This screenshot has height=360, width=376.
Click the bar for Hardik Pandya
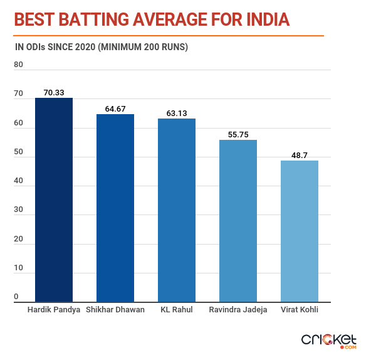pos(54,199)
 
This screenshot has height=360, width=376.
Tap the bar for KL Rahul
pos(176,210)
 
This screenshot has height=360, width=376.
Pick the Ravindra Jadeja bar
pos(238,221)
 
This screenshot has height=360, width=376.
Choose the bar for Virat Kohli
pos(299,231)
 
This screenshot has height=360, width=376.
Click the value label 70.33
pos(54,92)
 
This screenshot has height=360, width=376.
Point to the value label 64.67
pos(115,109)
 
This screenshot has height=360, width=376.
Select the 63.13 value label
pos(176,113)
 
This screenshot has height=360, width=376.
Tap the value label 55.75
pos(238,134)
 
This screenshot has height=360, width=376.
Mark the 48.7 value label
pos(300,155)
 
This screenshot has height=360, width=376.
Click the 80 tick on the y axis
pos(18,65)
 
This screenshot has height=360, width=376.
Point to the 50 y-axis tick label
pos(18,152)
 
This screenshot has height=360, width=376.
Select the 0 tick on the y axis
pos(16,297)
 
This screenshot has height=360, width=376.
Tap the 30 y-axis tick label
pos(18,210)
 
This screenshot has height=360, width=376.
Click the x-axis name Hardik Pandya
pos(54,310)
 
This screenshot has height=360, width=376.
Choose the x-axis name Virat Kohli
pos(299,310)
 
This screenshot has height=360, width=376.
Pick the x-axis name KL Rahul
pos(176,310)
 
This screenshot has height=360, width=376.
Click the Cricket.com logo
pos(329,341)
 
